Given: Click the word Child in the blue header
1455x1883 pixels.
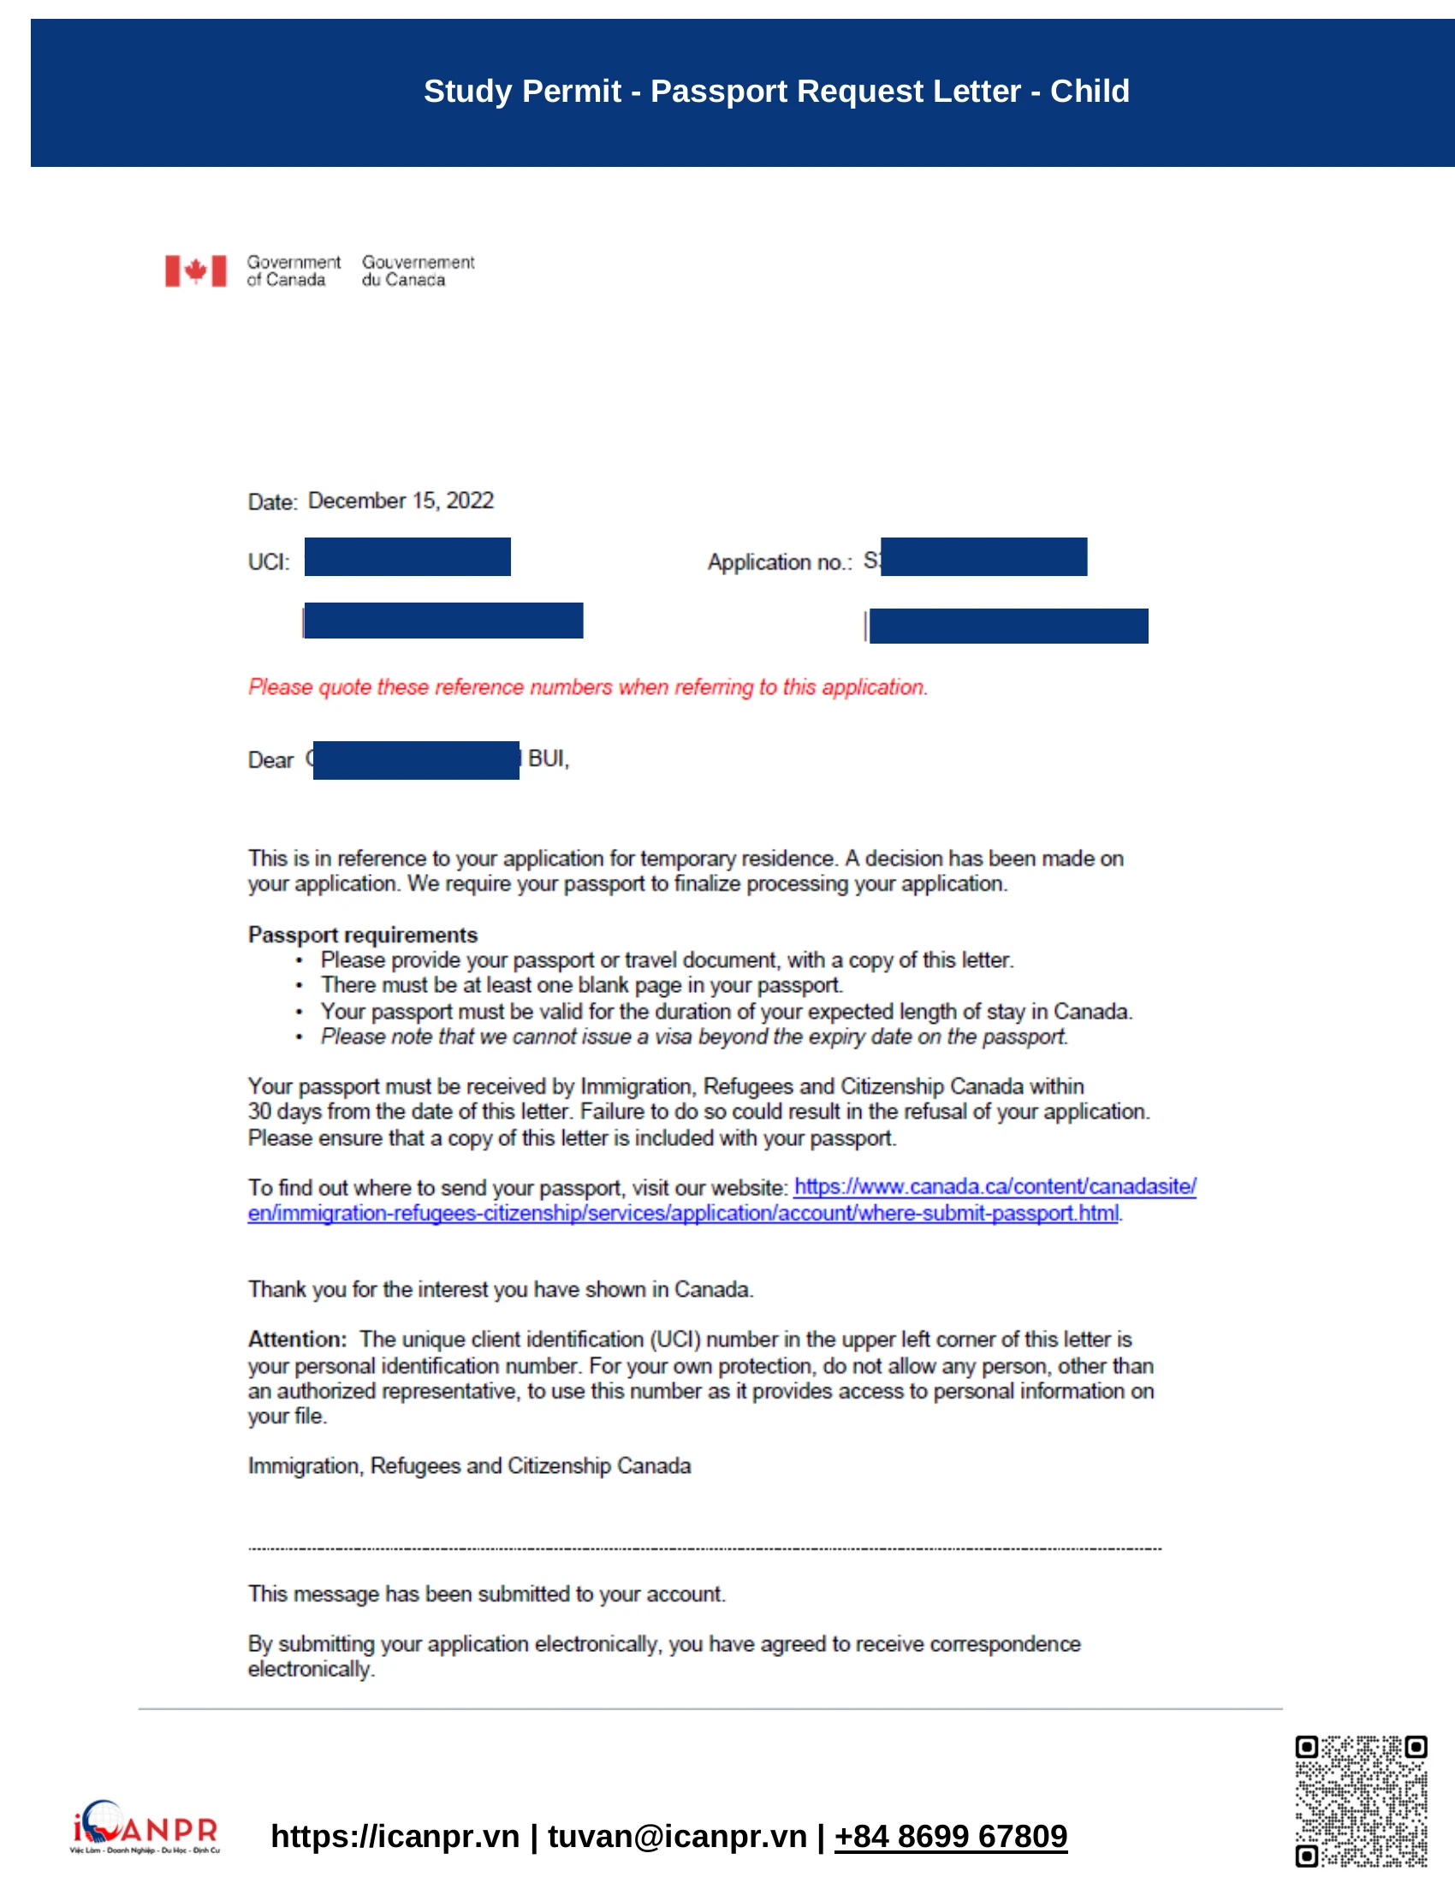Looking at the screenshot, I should point(1089,92).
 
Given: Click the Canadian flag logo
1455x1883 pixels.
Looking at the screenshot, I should point(196,270).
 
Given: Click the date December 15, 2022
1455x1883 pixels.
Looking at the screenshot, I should point(401,501).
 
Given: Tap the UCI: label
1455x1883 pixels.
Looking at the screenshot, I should point(269,562).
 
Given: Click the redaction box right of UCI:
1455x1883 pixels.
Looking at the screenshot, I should point(407,557).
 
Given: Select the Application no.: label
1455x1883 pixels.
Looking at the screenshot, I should point(779,562).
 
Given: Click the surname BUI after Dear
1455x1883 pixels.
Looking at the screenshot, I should point(548,758).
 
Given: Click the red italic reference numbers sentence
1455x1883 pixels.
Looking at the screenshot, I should point(588,687).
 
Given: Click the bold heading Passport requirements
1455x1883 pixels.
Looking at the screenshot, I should point(363,936).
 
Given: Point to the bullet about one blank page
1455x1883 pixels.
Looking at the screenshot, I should point(582,985).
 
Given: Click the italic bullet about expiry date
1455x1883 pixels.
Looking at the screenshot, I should point(694,1037).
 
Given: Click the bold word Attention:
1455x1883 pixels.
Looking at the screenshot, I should point(297,1339).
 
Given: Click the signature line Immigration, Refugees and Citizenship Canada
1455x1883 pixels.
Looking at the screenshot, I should point(470,1466).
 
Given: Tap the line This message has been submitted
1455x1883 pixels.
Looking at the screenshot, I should point(487,1595).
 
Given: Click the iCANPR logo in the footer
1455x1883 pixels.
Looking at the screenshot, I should point(145,1827).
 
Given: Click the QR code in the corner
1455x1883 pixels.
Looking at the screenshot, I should point(1361,1801).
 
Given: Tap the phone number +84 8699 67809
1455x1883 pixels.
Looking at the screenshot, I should point(951,1837).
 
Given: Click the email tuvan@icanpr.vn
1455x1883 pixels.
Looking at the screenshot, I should point(678,1837).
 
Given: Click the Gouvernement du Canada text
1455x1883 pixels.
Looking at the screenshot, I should point(418,270).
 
